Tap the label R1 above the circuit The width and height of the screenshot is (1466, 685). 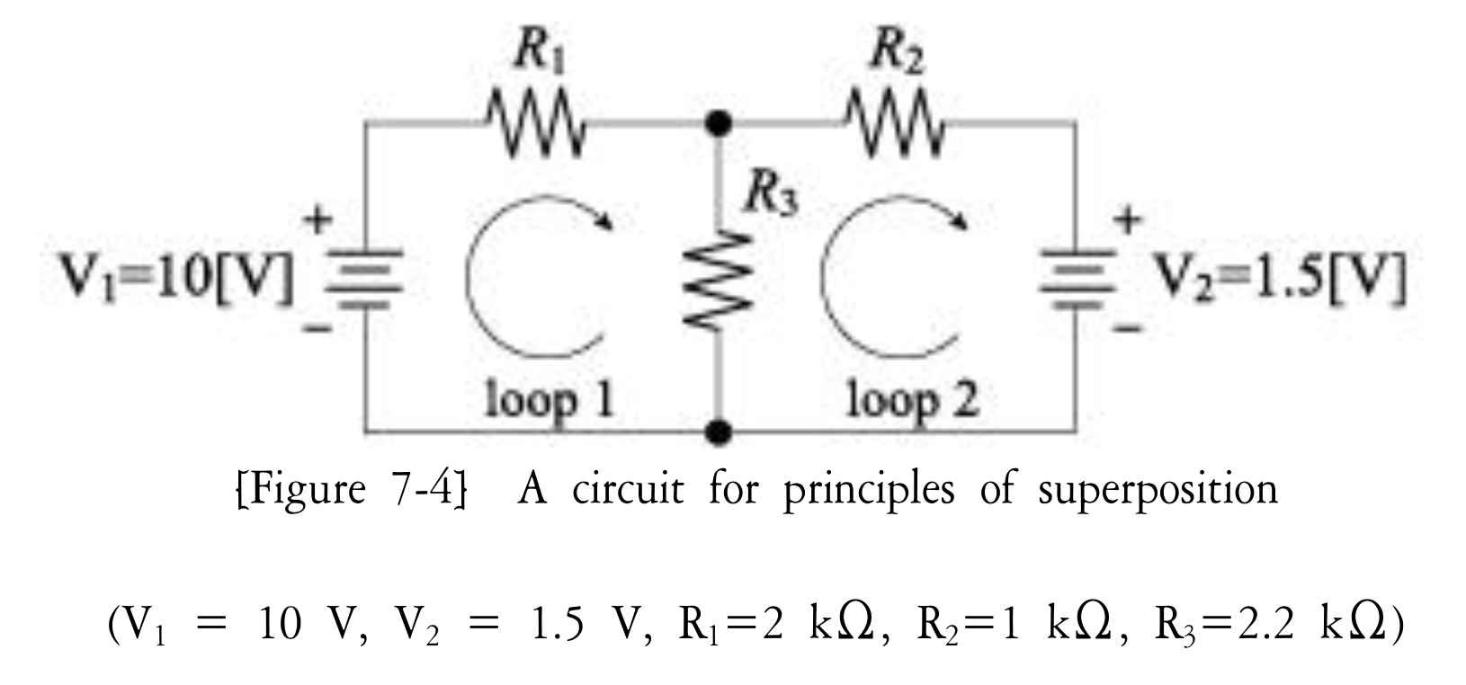539,57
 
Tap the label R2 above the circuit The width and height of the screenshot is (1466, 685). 896,57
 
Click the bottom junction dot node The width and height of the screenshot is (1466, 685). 716,432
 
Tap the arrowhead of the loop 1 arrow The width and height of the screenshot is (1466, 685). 606,218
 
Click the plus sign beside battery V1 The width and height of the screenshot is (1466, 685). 320,218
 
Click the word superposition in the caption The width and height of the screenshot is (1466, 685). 1158,491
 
